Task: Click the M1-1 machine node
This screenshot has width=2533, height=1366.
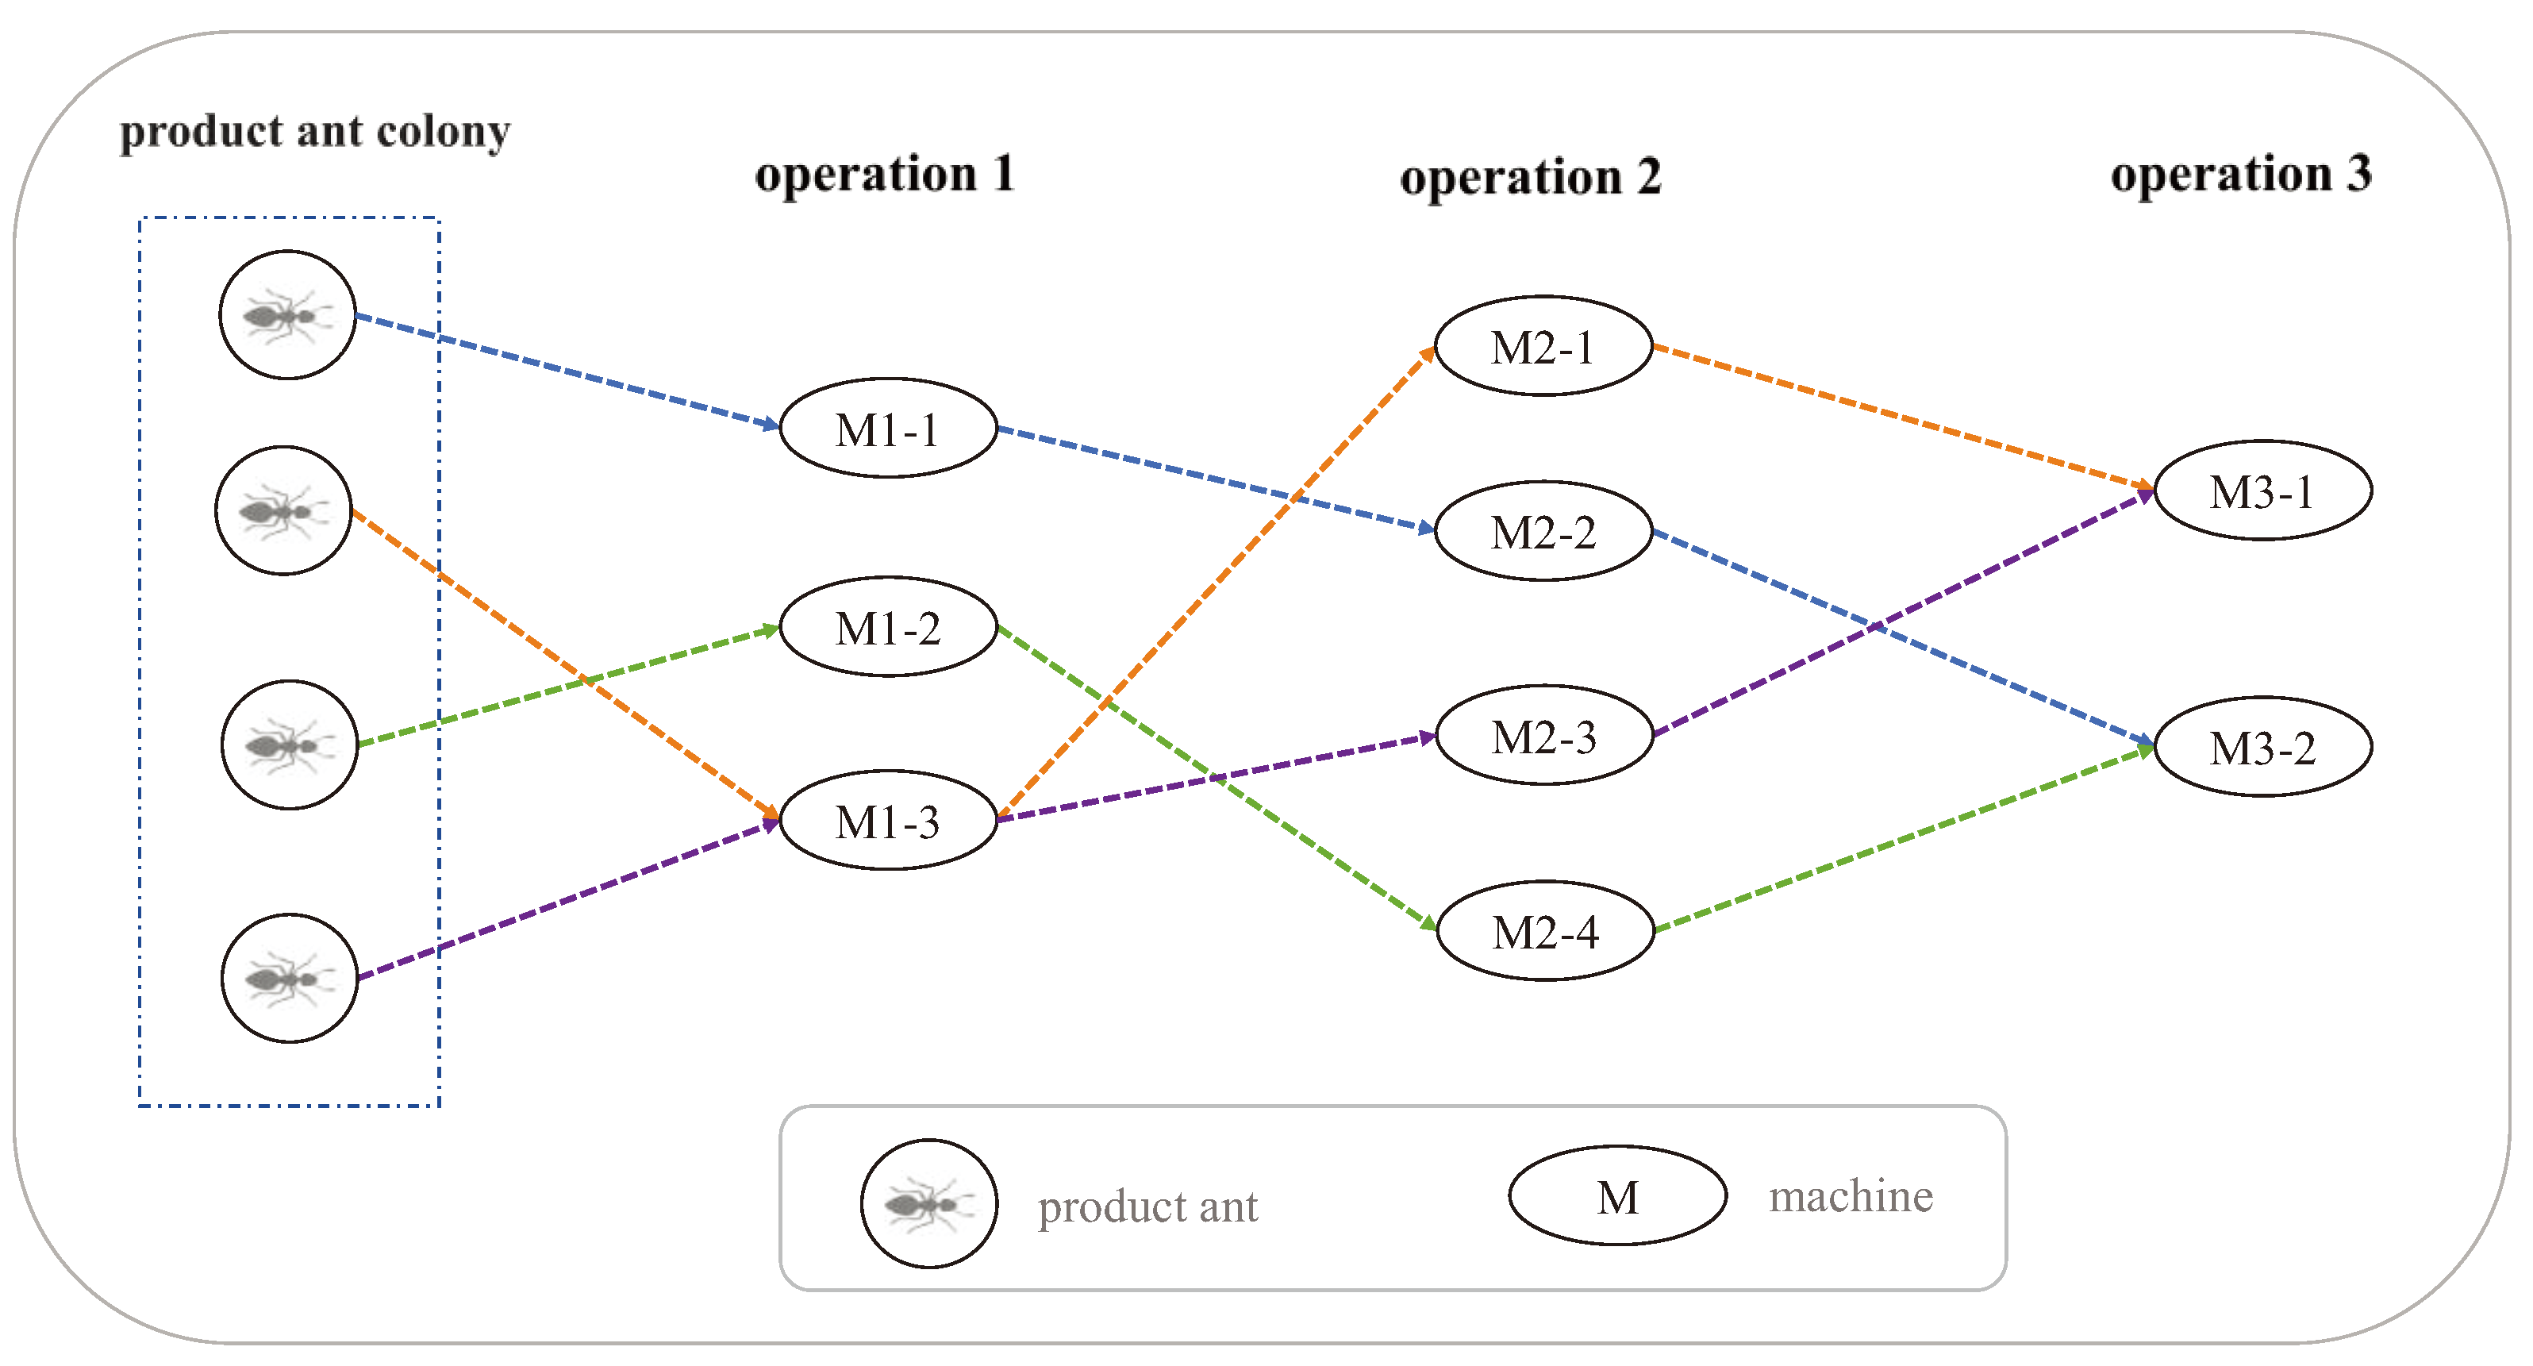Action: click(x=888, y=429)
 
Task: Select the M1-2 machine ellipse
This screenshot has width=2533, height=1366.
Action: click(x=888, y=626)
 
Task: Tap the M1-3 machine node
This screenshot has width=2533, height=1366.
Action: click(x=888, y=820)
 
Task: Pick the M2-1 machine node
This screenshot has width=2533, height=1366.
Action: click(x=1543, y=346)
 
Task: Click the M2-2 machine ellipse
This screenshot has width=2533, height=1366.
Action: click(x=1543, y=531)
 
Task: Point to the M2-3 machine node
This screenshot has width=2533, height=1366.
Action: click(x=1543, y=736)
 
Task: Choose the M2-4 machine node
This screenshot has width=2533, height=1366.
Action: click(x=1545, y=930)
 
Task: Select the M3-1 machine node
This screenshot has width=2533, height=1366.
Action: click(x=2262, y=491)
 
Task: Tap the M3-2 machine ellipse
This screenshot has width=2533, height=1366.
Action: click(x=2262, y=748)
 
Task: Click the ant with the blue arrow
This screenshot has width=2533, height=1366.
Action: click(x=287, y=314)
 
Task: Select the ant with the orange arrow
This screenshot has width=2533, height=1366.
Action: click(x=283, y=510)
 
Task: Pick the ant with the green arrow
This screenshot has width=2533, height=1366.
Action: click(x=289, y=745)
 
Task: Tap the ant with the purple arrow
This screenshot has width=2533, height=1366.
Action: click(x=289, y=979)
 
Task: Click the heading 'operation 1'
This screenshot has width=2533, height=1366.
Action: click(x=884, y=175)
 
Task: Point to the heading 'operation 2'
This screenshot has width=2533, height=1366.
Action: click(x=1530, y=178)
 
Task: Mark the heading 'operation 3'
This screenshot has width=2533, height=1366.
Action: click(x=2241, y=175)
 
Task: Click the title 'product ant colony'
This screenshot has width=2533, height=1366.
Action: click(x=315, y=131)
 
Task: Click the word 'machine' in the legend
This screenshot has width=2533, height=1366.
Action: click(x=1851, y=1197)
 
